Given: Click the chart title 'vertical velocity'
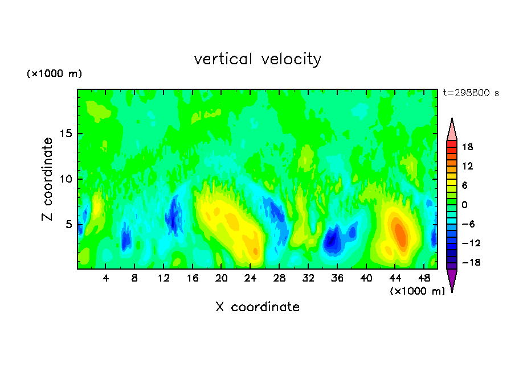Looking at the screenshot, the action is pyautogui.click(x=257, y=59).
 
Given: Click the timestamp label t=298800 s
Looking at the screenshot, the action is pyautogui.click(x=471, y=93).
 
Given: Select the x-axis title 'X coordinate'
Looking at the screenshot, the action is pyautogui.click(x=257, y=307).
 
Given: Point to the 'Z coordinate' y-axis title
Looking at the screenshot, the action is pyautogui.click(x=47, y=179).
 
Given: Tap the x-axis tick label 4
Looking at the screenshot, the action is pyautogui.click(x=105, y=279).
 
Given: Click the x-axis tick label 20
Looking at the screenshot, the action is pyautogui.click(x=222, y=279).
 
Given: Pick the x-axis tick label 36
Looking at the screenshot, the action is pyautogui.click(x=337, y=279).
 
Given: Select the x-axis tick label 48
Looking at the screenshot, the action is pyautogui.click(x=424, y=279).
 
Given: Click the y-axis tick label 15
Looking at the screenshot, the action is pyautogui.click(x=66, y=134).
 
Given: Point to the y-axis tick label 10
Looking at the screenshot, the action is pyautogui.click(x=66, y=179).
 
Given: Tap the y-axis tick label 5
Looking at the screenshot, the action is pyautogui.click(x=68, y=225).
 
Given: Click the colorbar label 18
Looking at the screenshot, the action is pyautogui.click(x=467, y=147).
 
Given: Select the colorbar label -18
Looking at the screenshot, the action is pyautogui.click(x=471, y=262).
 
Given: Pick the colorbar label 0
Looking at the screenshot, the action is pyautogui.click(x=464, y=205).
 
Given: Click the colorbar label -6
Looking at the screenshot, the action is pyautogui.click(x=468, y=224).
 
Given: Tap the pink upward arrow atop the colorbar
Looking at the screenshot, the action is pyautogui.click(x=452, y=131).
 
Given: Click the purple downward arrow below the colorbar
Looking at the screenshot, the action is pyautogui.click(x=452, y=279).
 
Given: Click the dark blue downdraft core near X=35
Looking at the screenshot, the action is pyautogui.click(x=332, y=240).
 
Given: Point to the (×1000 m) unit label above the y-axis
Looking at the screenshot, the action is pyautogui.click(x=54, y=73).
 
